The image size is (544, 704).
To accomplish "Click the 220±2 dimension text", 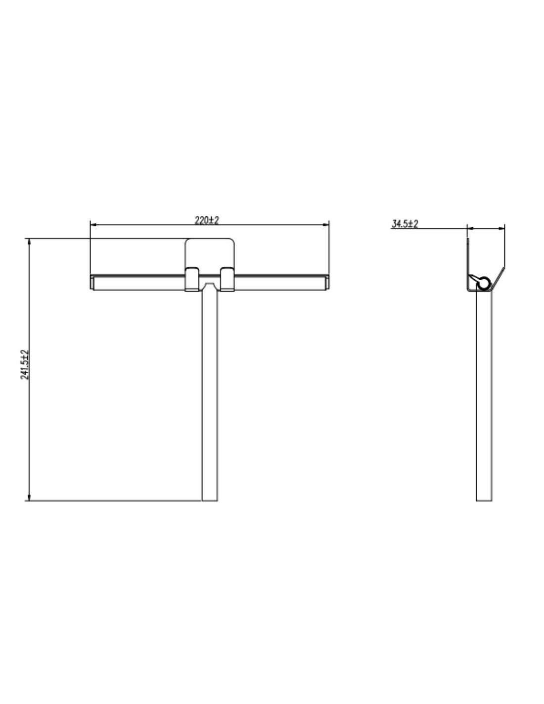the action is click(206, 220).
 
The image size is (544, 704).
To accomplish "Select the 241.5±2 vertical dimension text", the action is click(25, 364).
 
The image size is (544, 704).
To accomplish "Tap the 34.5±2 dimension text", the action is click(405, 224).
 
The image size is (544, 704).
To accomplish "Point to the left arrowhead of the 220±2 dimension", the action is click(93, 224).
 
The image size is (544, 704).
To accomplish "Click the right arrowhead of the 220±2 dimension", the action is click(325, 224).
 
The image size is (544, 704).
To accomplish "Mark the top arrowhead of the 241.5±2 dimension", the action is click(29, 242).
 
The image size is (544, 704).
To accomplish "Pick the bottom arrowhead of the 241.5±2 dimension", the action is click(29, 497).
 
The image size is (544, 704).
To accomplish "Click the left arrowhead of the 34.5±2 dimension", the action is click(470, 228).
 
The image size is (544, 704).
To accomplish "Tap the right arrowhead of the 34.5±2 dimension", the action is click(501, 228).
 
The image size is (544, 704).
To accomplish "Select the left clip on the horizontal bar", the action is click(191, 279).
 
